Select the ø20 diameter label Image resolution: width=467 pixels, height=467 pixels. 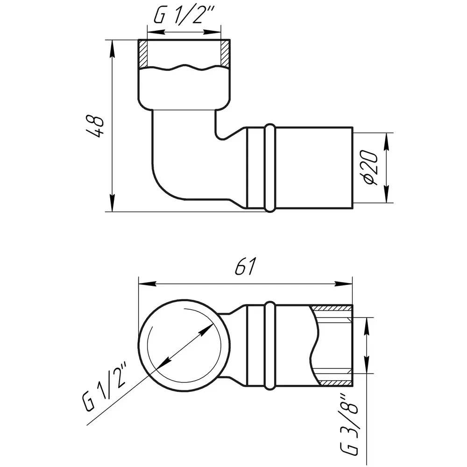(x=370, y=168)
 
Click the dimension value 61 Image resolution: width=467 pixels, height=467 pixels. (x=246, y=266)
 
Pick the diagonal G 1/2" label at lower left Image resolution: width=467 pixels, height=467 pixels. (x=105, y=387)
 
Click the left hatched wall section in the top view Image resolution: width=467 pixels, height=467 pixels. (x=143, y=53)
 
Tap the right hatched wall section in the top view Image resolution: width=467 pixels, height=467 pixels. (x=225, y=53)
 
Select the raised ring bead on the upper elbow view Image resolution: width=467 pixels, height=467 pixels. (x=270, y=168)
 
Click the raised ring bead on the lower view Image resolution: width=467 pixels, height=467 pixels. (x=270, y=346)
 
